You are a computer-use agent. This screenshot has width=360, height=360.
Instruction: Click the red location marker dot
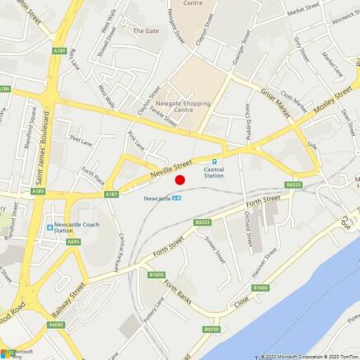180,179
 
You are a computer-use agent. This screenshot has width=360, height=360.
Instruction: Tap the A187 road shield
111,194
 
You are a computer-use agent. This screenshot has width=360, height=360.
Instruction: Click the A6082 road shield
55,325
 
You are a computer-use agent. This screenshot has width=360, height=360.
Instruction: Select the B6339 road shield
211,330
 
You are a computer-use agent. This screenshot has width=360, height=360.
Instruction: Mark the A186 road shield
5,88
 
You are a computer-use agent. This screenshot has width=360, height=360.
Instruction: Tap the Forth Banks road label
177,292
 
